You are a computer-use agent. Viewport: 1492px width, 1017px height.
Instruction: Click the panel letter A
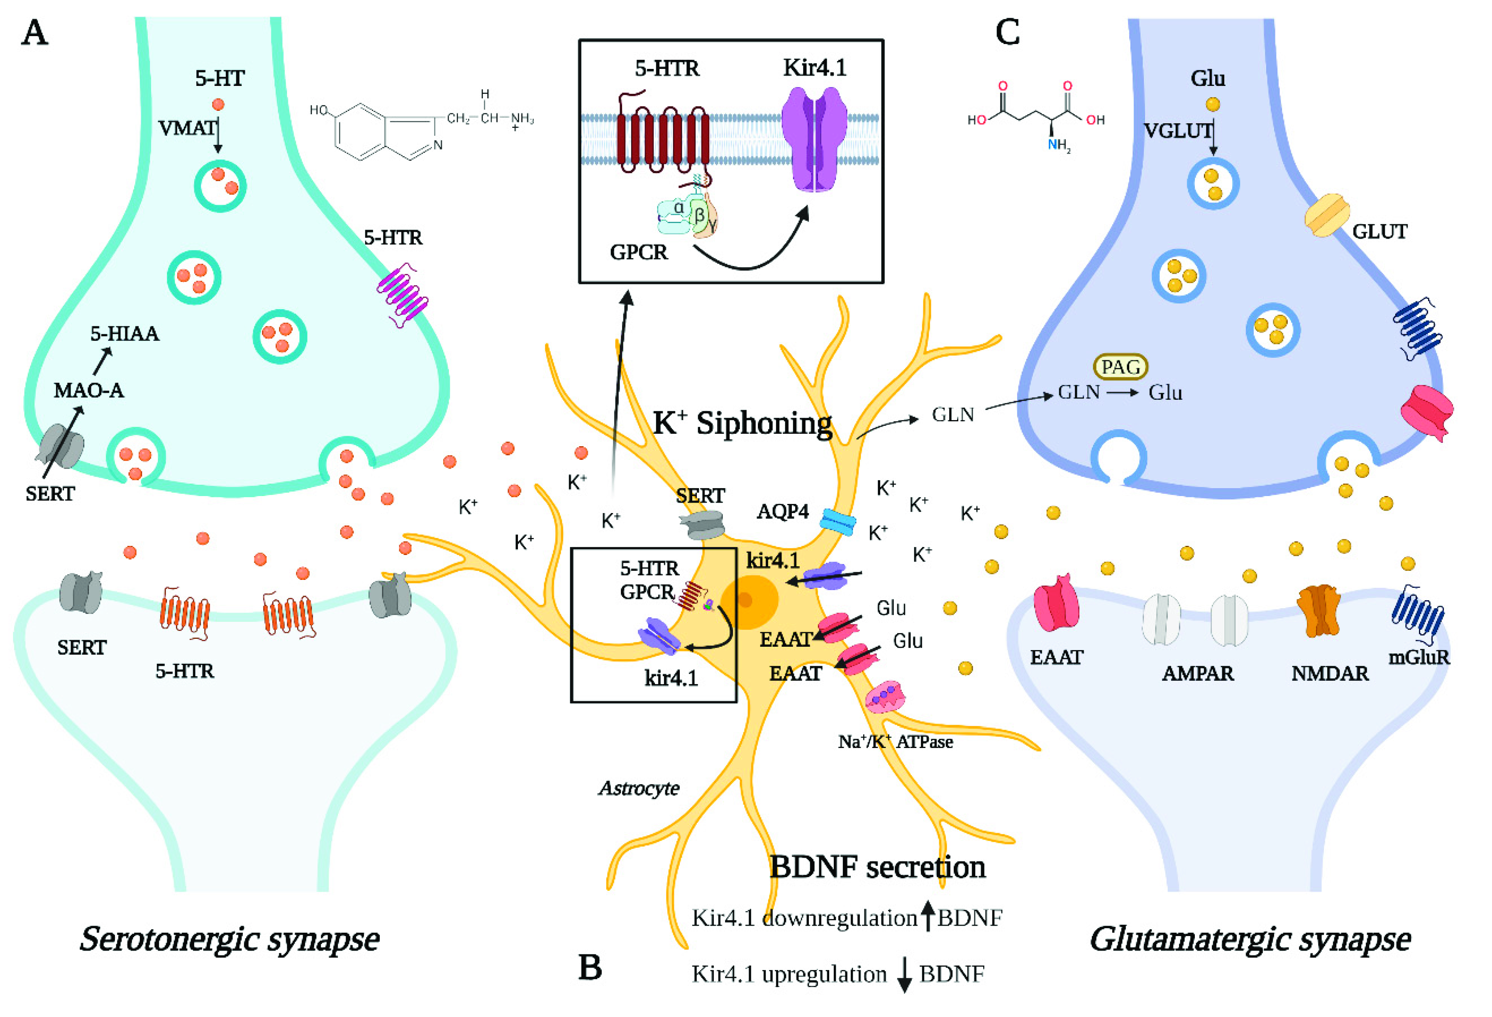click(35, 32)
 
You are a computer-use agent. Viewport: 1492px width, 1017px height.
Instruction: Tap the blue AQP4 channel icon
click(838, 521)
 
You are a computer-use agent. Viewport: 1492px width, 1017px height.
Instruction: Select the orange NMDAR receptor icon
click(1319, 610)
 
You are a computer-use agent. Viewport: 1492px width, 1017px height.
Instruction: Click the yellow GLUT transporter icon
click(1327, 215)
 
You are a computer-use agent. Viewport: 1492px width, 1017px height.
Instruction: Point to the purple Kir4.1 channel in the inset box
click(814, 139)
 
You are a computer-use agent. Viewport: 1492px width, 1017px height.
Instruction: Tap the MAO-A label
click(88, 390)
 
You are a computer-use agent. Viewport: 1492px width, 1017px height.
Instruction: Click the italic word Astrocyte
click(639, 788)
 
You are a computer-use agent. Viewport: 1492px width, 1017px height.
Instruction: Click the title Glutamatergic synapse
click(1250, 939)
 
